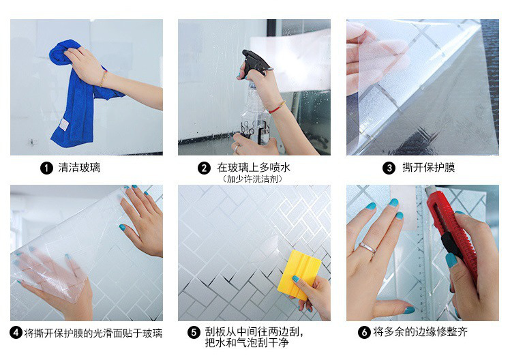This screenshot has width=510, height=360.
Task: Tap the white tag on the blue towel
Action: (x=64, y=125)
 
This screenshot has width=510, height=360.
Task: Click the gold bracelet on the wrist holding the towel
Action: (x=103, y=78)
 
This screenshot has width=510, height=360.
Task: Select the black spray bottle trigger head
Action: (x=256, y=62)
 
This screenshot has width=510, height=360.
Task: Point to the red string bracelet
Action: (x=277, y=106)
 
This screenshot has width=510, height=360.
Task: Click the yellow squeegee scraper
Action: (x=299, y=274)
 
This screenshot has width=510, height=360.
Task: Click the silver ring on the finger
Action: (x=367, y=247)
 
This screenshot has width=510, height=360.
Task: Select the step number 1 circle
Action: (x=46, y=168)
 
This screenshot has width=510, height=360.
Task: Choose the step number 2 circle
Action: (x=204, y=168)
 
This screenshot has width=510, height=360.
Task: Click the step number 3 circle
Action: (x=389, y=168)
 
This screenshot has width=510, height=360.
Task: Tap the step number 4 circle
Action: (x=16, y=333)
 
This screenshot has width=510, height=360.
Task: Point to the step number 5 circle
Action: (x=194, y=332)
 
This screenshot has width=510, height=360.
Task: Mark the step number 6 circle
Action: (x=364, y=332)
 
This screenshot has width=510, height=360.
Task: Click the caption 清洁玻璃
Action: (x=79, y=168)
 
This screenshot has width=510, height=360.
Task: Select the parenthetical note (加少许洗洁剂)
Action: (x=252, y=179)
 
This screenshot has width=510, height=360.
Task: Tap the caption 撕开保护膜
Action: (x=428, y=168)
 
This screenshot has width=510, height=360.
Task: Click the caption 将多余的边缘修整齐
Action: (x=420, y=332)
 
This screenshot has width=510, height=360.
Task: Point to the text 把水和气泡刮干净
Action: (x=247, y=342)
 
